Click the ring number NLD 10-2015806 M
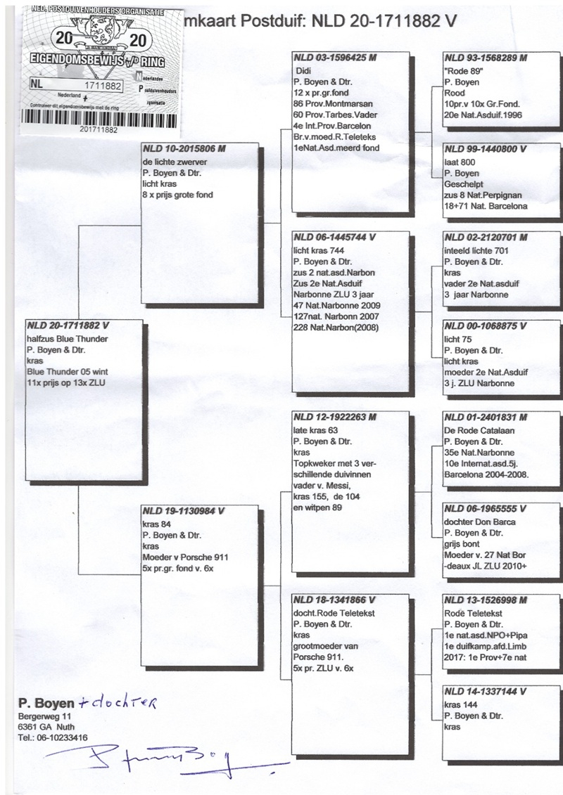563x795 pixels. [189, 150]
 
